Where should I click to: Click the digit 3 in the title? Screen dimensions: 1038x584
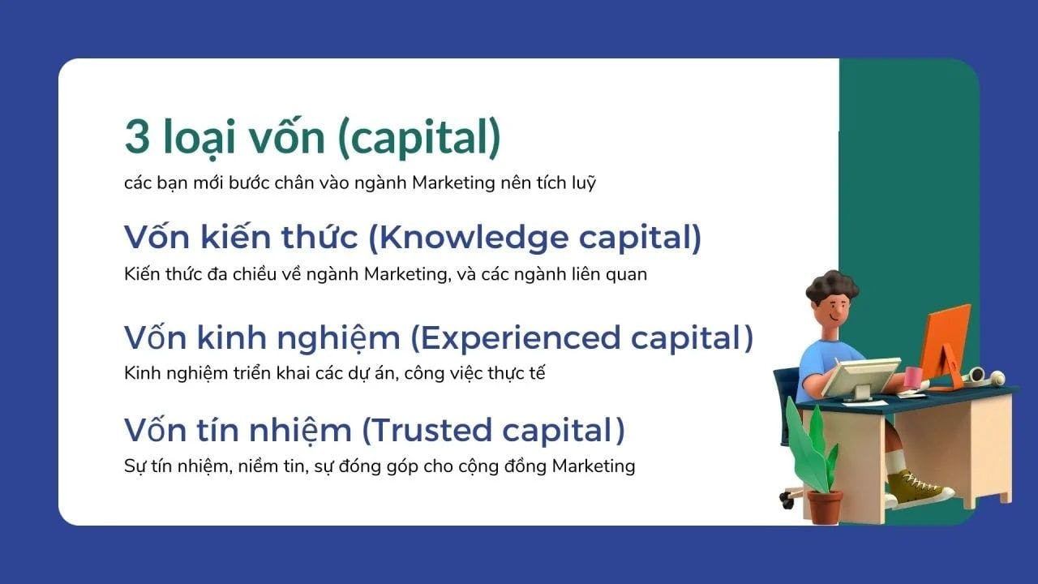pos(137,137)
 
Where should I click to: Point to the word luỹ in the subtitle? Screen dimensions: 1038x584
pos(583,182)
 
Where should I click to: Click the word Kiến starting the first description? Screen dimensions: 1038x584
pos(141,274)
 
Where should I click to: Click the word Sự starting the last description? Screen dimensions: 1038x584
pos(135,466)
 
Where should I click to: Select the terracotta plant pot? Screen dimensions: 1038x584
pos(825,508)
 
